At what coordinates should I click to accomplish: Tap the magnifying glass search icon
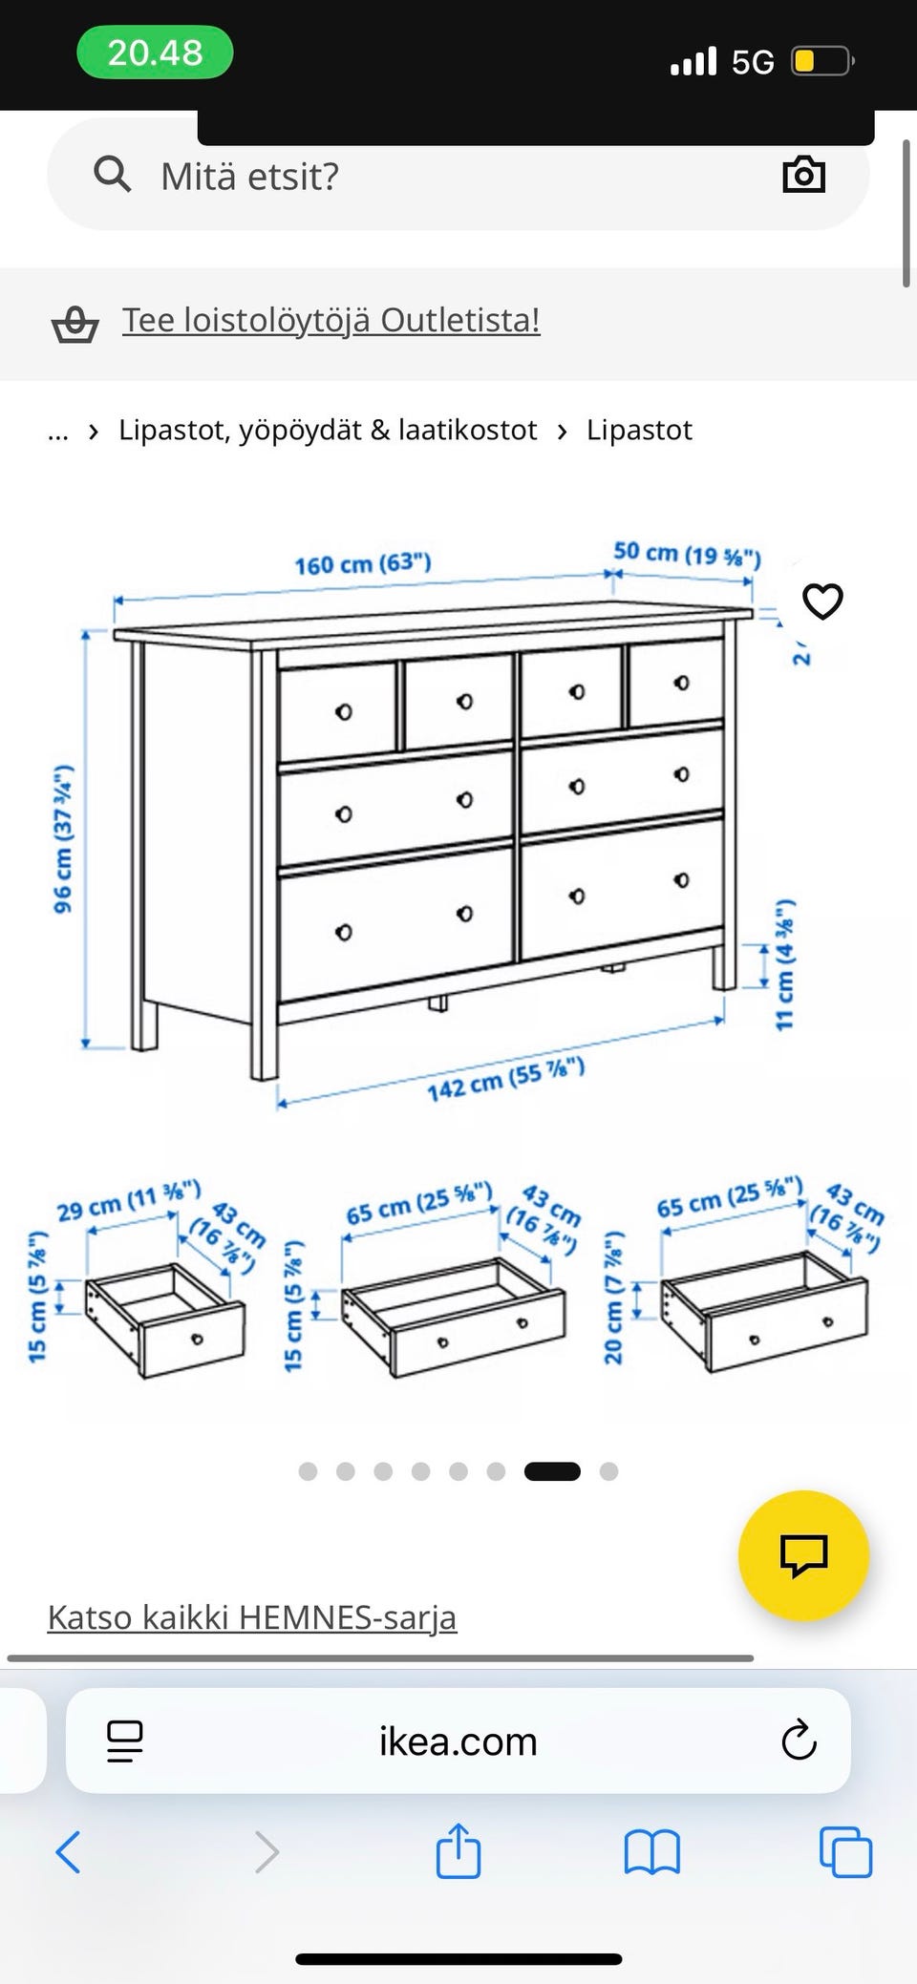[112, 175]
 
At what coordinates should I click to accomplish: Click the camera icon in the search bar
[803, 175]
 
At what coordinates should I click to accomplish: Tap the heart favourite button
[822, 602]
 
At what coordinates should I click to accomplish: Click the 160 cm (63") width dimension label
[363, 563]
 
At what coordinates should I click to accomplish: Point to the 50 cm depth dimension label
[687, 554]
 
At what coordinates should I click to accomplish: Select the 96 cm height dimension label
[63, 839]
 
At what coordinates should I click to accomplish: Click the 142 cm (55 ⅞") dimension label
[505, 1080]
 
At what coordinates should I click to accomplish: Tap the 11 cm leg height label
[784, 964]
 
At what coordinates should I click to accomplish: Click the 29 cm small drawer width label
[129, 1201]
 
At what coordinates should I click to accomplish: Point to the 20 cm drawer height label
[613, 1298]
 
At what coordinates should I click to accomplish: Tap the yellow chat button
[803, 1555]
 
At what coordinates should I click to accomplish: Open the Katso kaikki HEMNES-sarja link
[252, 1617]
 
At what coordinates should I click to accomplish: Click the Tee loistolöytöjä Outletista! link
[331, 320]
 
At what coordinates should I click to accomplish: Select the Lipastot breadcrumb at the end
[639, 430]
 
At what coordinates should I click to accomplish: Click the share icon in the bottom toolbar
[458, 1851]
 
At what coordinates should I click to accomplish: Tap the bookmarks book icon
[651, 1853]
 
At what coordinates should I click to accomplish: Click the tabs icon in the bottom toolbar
[845, 1852]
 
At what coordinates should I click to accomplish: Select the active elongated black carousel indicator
[552, 1471]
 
